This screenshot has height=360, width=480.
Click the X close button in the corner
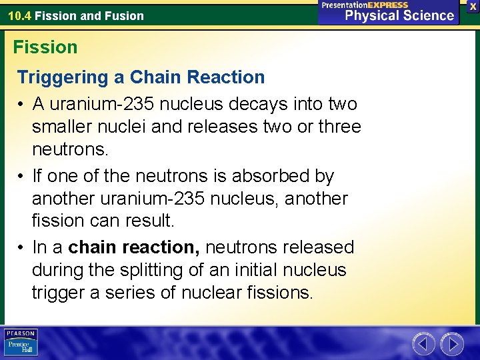[473, 6]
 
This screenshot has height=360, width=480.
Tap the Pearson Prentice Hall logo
[21, 342]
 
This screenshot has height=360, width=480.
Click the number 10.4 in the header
[19, 15]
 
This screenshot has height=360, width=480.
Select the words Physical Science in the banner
[399, 16]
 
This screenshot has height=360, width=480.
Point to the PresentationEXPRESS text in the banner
[365, 5]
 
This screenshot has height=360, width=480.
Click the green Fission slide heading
[45, 47]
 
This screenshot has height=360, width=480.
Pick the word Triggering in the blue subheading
[63, 77]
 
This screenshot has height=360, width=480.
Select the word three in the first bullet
[338, 127]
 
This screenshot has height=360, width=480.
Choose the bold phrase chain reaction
[134, 247]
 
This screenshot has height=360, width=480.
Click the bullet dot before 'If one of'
[22, 176]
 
